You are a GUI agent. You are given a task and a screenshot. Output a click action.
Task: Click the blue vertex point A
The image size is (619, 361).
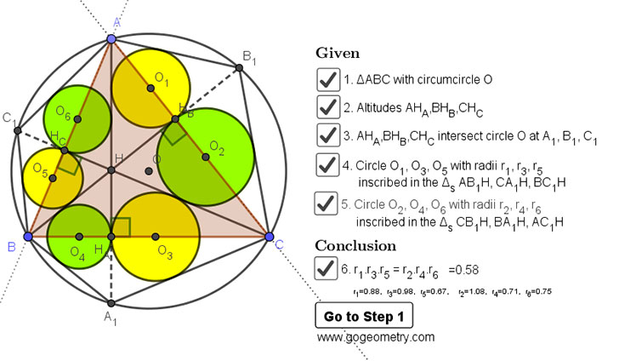(x=111, y=39)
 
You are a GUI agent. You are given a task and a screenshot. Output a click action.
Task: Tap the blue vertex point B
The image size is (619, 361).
(x=28, y=236)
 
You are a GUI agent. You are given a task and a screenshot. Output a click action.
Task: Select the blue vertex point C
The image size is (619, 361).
(x=270, y=236)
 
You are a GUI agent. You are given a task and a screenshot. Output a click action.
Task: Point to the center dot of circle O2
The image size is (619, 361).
(x=204, y=158)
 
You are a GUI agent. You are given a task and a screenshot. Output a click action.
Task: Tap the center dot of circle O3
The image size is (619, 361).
(x=155, y=236)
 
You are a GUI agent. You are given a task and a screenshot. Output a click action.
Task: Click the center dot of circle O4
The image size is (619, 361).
(x=78, y=236)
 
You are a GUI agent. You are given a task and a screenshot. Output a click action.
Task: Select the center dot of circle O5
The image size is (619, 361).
(x=53, y=178)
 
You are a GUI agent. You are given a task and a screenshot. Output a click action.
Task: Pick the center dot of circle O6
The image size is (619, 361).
(x=77, y=119)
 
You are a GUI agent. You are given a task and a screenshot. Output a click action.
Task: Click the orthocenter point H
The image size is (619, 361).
(x=111, y=170)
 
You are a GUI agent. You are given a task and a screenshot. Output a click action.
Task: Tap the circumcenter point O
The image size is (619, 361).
(x=149, y=171)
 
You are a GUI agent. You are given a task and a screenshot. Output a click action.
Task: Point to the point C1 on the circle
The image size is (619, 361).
(x=16, y=129)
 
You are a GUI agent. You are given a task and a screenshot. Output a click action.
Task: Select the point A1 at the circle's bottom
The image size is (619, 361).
(x=111, y=302)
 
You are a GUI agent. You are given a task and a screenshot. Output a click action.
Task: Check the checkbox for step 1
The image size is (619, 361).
(x=327, y=80)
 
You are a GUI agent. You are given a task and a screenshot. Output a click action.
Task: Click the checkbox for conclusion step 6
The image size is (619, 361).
(x=327, y=269)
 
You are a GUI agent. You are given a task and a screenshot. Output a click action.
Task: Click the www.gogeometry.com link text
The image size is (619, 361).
(x=375, y=337)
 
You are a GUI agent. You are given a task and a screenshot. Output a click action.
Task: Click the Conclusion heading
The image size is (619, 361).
(x=355, y=245)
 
